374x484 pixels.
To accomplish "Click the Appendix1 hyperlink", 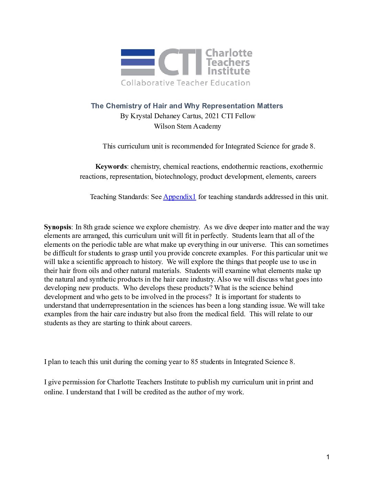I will tap(179, 197).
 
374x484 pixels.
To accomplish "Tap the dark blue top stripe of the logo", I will tap(138, 53).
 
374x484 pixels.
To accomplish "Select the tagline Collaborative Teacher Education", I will tap(185, 83).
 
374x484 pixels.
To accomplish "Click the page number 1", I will tap(328, 457).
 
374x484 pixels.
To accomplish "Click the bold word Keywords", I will tap(111, 167).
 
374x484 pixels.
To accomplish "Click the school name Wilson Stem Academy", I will tap(187, 126).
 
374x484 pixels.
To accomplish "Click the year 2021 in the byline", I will tap(212, 116).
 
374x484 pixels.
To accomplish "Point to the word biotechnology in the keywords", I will tap(175, 177).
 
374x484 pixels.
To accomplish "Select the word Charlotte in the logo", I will tap(229, 53).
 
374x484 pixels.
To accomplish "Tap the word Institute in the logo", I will tap(229, 71).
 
